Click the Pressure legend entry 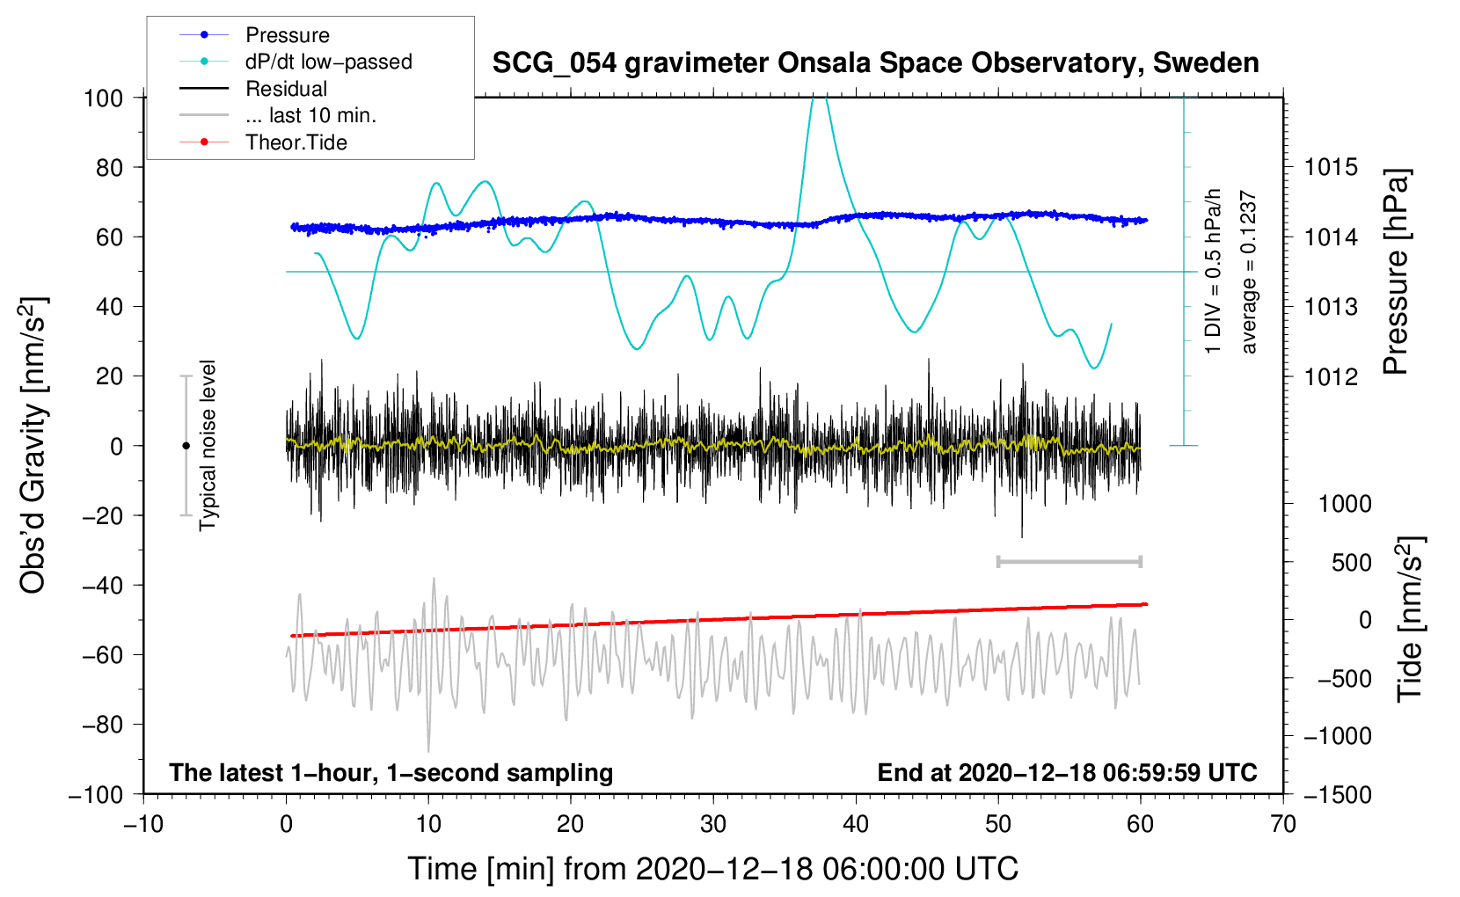(254, 34)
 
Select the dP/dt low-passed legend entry (296, 62)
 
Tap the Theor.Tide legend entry (263, 142)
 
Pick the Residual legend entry (253, 88)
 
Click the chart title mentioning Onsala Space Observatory (875, 63)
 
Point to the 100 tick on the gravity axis (103, 98)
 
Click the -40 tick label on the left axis (103, 586)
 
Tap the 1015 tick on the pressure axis (1331, 168)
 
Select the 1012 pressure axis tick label (1331, 376)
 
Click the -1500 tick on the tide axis (1338, 795)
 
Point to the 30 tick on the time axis (713, 824)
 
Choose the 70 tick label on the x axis (1282, 824)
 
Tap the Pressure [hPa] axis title (1396, 272)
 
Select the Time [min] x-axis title (713, 869)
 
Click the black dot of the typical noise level (186, 446)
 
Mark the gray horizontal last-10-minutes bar (1069, 561)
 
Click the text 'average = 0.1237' (1248, 272)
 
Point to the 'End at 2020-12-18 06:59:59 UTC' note (1067, 772)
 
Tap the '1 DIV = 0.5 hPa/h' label (1212, 272)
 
